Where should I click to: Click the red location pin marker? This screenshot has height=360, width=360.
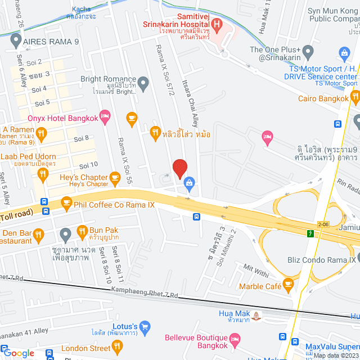(179, 168)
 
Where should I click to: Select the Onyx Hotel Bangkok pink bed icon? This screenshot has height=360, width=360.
(105, 117)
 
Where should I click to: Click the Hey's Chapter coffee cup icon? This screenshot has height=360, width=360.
(115, 179)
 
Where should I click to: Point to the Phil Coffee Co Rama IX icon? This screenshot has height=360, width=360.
(66, 201)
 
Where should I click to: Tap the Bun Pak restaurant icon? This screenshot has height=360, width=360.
(82, 231)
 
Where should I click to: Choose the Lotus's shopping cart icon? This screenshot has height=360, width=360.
(145, 326)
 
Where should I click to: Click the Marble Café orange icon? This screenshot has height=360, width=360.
(289, 282)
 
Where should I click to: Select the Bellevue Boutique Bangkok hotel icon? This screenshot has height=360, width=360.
(235, 339)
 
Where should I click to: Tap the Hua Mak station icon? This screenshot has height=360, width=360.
(257, 316)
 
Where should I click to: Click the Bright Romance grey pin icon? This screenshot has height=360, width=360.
(143, 84)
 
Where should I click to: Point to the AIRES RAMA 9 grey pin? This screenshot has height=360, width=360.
(15, 40)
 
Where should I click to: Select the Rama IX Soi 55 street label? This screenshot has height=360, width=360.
(124, 161)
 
